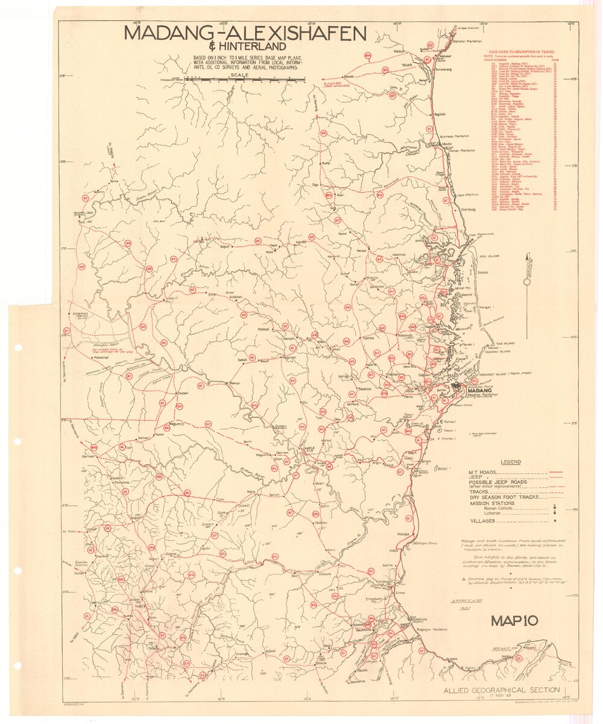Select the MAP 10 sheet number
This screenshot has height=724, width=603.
click(514, 620)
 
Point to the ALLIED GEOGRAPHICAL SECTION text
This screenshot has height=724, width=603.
click(502, 690)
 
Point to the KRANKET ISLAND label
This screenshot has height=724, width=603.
click(494, 374)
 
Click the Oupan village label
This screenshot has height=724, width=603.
click(180, 393)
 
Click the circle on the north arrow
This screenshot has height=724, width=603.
click(528, 281)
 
